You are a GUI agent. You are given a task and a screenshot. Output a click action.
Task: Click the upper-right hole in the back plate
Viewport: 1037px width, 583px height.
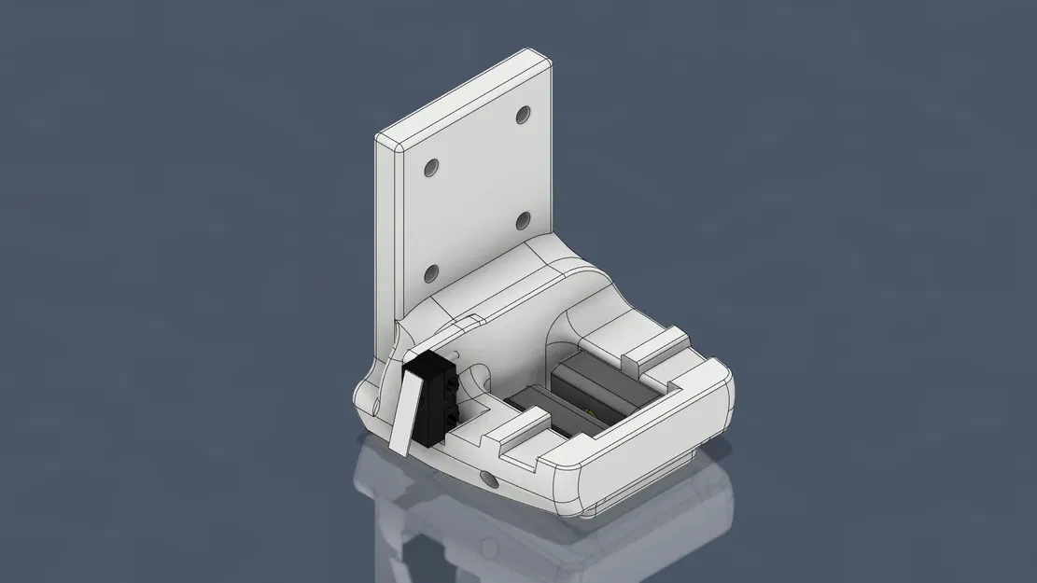tap(522, 116)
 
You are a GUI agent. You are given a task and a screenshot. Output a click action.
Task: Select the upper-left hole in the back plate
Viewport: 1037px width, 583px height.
tap(431, 169)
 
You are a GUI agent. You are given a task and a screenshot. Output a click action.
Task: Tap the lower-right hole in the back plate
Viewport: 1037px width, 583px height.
tap(523, 221)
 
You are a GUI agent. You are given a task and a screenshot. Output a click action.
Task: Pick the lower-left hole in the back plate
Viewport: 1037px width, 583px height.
tap(431, 274)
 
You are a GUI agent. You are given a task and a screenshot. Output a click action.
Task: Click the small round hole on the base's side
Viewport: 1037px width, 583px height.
tap(488, 479)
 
